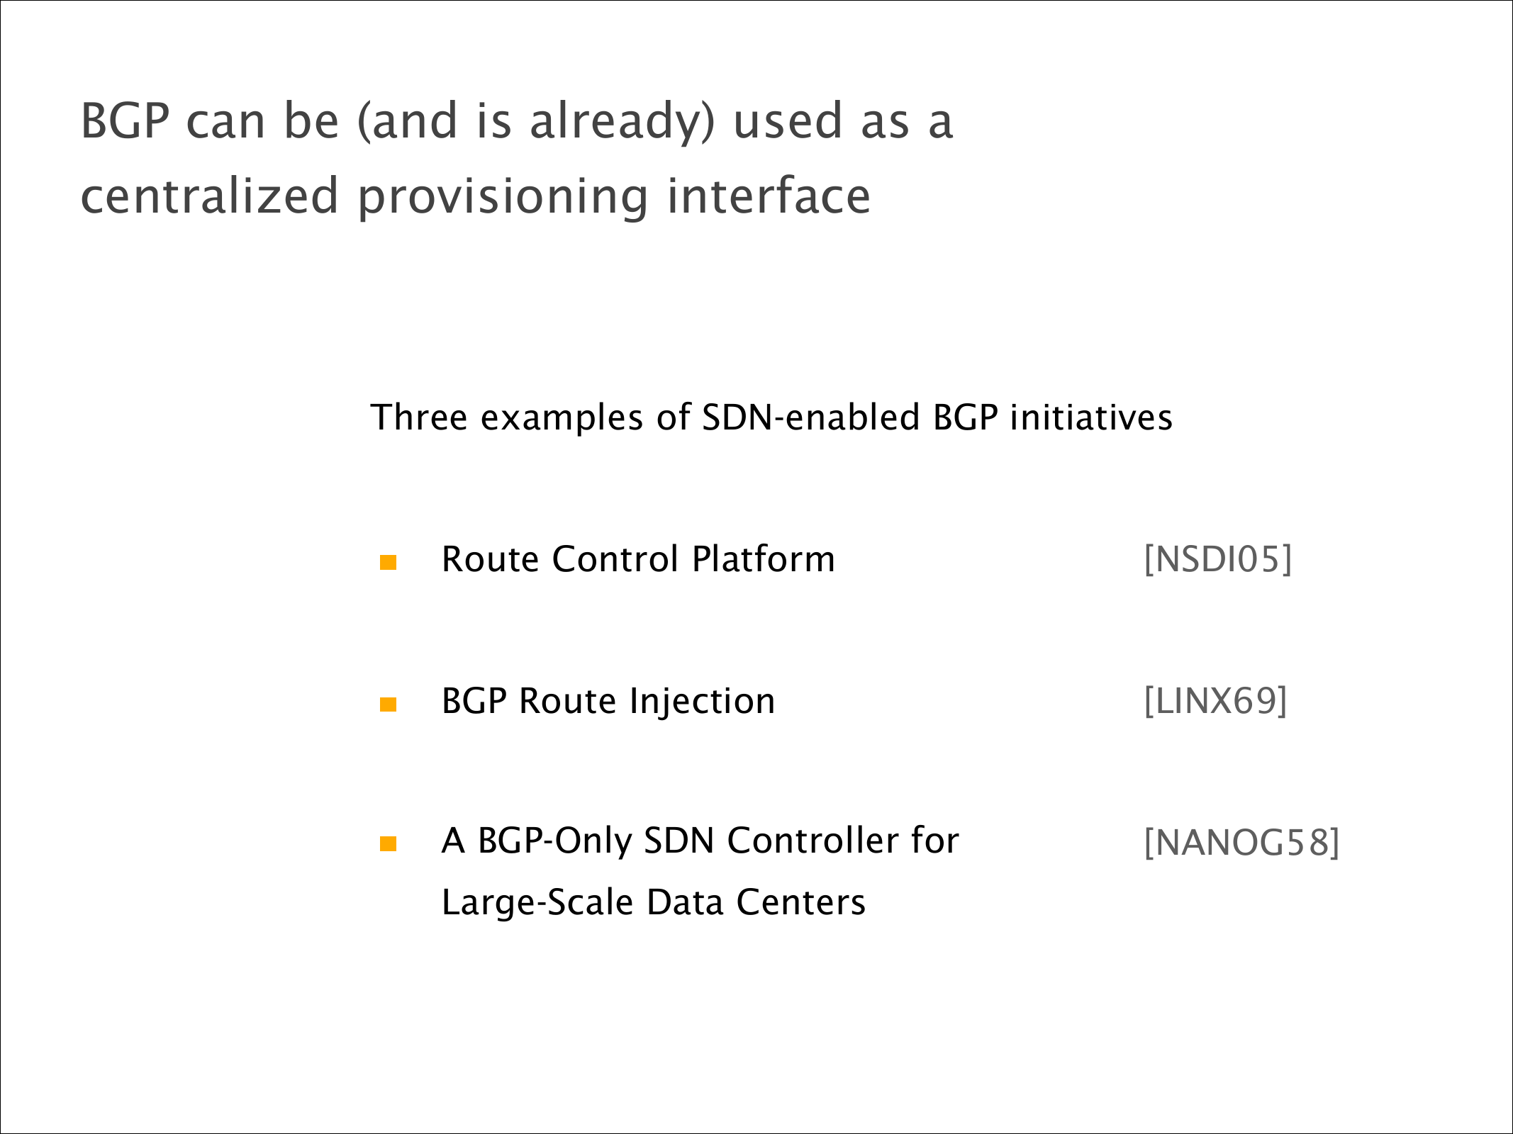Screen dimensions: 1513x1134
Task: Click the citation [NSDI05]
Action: click(x=1217, y=559)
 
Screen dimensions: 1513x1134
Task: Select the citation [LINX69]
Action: click(x=1215, y=701)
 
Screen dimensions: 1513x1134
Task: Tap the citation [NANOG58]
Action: click(x=1241, y=843)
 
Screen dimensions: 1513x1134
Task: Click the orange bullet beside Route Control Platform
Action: click(x=388, y=563)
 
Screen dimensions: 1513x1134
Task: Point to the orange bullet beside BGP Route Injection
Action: click(x=388, y=704)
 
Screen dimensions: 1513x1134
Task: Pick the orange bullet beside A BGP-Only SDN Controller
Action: click(x=388, y=843)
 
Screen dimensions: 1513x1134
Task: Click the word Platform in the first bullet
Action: click(x=764, y=558)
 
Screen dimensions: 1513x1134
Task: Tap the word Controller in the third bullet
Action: click(x=813, y=841)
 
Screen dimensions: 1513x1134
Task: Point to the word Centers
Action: click(x=801, y=903)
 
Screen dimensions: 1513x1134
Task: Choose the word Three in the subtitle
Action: click(x=419, y=417)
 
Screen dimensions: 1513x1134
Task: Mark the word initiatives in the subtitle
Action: click(x=1091, y=417)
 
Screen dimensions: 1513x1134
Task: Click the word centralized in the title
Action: click(x=210, y=196)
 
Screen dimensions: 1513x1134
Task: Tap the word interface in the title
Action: click(x=769, y=195)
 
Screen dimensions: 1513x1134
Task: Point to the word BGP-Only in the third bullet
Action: click(x=554, y=842)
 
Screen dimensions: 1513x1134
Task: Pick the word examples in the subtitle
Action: click(x=562, y=418)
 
